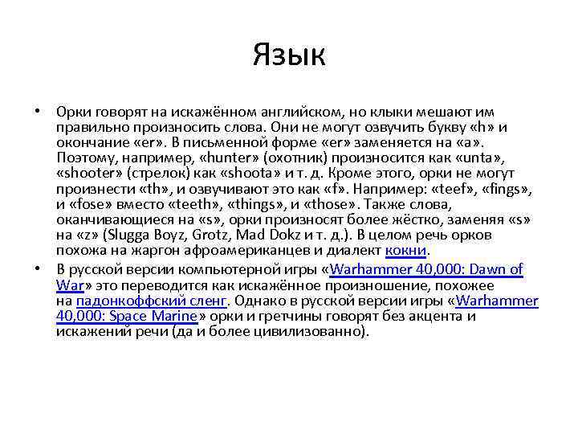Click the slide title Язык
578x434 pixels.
(288, 55)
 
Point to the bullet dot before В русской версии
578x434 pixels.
(37, 270)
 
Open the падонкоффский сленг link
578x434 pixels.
(152, 301)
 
